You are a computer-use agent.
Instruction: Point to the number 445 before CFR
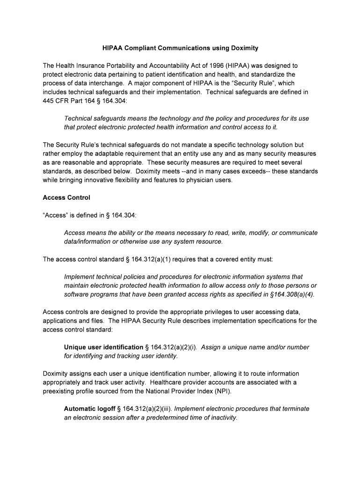(49, 101)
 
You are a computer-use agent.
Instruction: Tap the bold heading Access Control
(66, 198)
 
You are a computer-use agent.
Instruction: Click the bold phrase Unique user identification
(103, 347)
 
